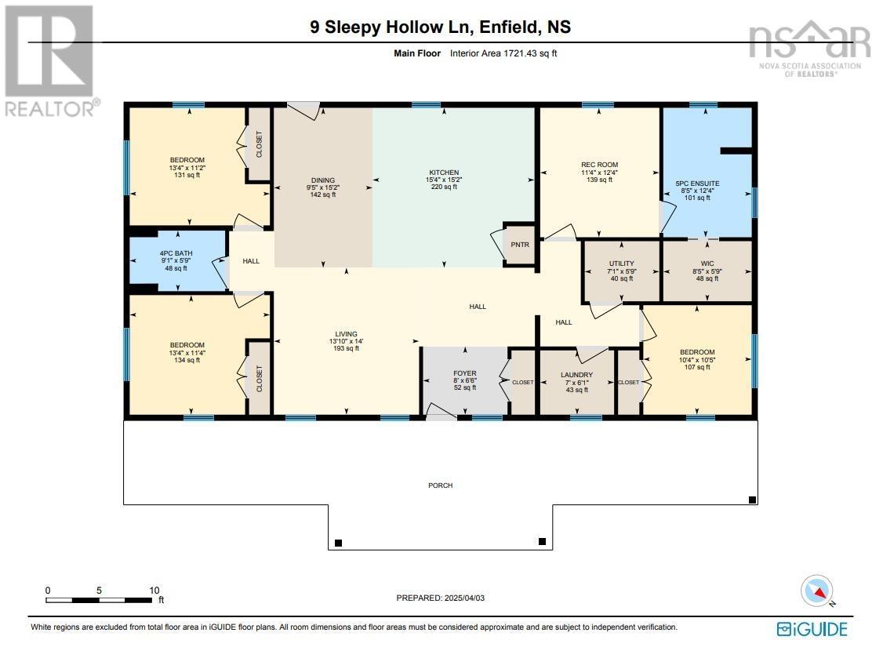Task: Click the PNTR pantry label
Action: coord(520,245)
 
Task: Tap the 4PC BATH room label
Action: coord(176,253)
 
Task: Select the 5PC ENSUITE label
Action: coord(697,184)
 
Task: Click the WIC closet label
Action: coord(707,264)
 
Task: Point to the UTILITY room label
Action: coord(622,264)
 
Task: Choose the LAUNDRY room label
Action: coord(576,375)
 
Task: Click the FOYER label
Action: coord(465,373)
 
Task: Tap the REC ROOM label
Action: coord(600,165)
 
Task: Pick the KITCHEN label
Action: coord(445,173)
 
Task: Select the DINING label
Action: coord(322,180)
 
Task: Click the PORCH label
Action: coord(441,485)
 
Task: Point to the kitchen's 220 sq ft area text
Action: coord(445,187)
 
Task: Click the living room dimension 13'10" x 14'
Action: coord(347,341)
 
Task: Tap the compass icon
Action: coord(816,591)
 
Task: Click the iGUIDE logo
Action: coord(812,629)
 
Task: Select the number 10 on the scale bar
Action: coord(154,590)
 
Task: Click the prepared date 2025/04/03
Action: coord(464,598)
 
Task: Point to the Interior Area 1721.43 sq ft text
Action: coord(503,53)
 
